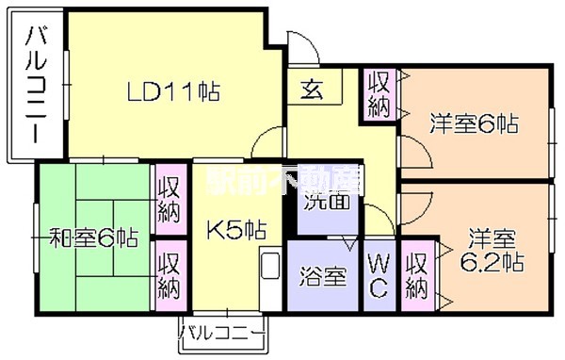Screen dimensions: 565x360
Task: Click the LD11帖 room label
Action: (174, 92)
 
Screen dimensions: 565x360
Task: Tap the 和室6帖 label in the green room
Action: (93, 238)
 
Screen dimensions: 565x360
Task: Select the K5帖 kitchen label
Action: (235, 229)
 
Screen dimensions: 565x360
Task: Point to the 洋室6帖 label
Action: (476, 123)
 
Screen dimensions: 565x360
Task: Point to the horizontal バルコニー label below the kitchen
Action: (222, 333)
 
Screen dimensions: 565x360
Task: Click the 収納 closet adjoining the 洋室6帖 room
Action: (380, 92)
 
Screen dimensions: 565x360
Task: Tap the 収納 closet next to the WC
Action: (416, 273)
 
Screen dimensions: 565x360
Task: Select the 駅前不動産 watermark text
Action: (284, 174)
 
